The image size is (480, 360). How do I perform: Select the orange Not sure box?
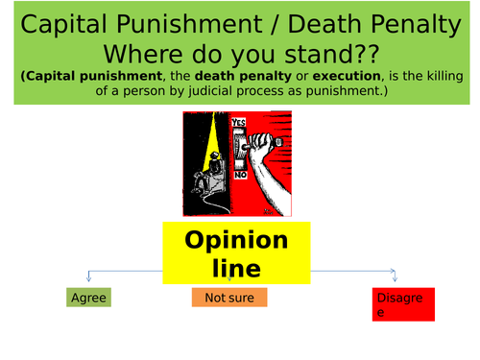pyautogui.click(x=228, y=298)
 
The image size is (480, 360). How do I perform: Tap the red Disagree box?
pyautogui.click(x=403, y=304)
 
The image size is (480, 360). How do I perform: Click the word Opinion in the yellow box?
pyautogui.click(x=236, y=239)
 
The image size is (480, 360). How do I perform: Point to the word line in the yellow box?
pyautogui.click(x=236, y=268)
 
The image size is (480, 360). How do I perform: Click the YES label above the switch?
pyautogui.click(x=240, y=122)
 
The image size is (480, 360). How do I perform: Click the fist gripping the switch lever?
pyautogui.click(x=260, y=140)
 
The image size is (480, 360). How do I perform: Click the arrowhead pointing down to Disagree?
pyautogui.click(x=394, y=276)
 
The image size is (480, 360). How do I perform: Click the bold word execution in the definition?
pyautogui.click(x=331, y=76)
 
